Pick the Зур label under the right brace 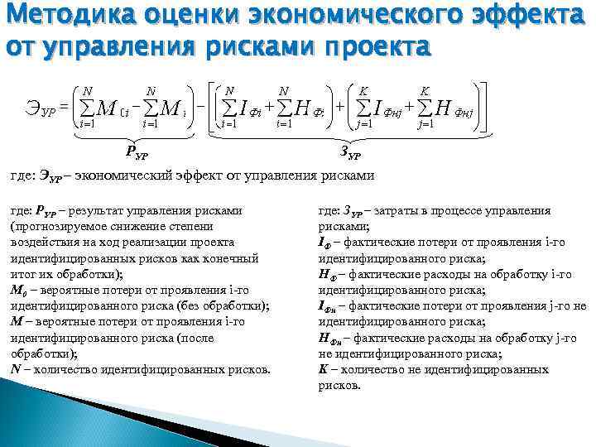(351, 152)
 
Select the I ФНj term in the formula (380, 108)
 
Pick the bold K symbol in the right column (323, 368)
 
